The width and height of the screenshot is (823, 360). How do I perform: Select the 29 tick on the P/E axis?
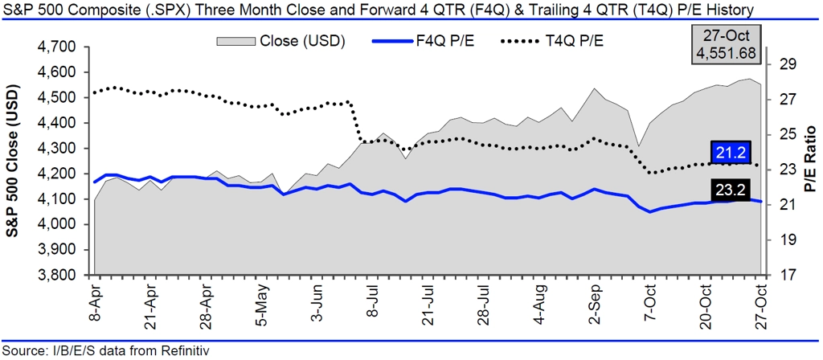tap(788, 65)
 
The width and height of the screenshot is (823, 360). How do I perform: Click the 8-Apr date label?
tap(95, 301)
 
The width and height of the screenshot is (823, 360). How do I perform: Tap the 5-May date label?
tap(262, 301)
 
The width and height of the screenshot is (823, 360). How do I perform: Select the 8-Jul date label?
tap(373, 301)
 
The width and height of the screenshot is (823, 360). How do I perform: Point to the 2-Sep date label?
tap(596, 301)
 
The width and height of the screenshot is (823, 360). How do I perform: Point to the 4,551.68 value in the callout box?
tap(727, 53)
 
